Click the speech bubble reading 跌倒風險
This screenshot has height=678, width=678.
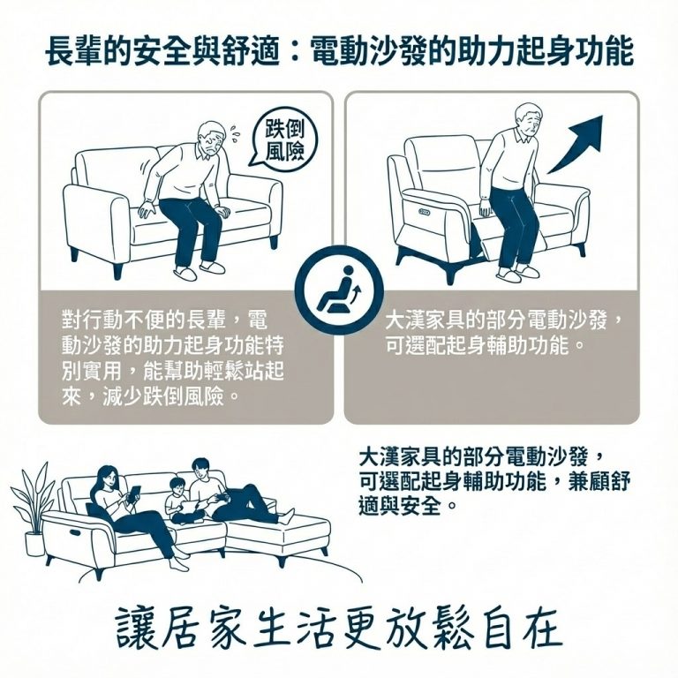(x=285, y=139)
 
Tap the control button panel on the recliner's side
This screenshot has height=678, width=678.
(x=426, y=212)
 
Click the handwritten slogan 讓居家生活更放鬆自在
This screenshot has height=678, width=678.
(x=338, y=629)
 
